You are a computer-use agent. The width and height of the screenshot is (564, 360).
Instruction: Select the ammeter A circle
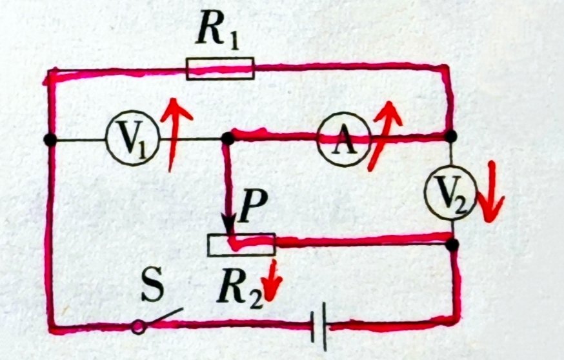344,139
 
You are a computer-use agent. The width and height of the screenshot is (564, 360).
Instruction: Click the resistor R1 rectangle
220,68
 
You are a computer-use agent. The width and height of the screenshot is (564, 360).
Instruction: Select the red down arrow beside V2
492,191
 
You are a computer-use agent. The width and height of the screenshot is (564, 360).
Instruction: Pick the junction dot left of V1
50,139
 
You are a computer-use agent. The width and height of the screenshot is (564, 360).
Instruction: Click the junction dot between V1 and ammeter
227,138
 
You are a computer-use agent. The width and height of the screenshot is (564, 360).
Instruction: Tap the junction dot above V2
451,135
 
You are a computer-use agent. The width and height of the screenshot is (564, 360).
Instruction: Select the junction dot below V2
454,245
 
